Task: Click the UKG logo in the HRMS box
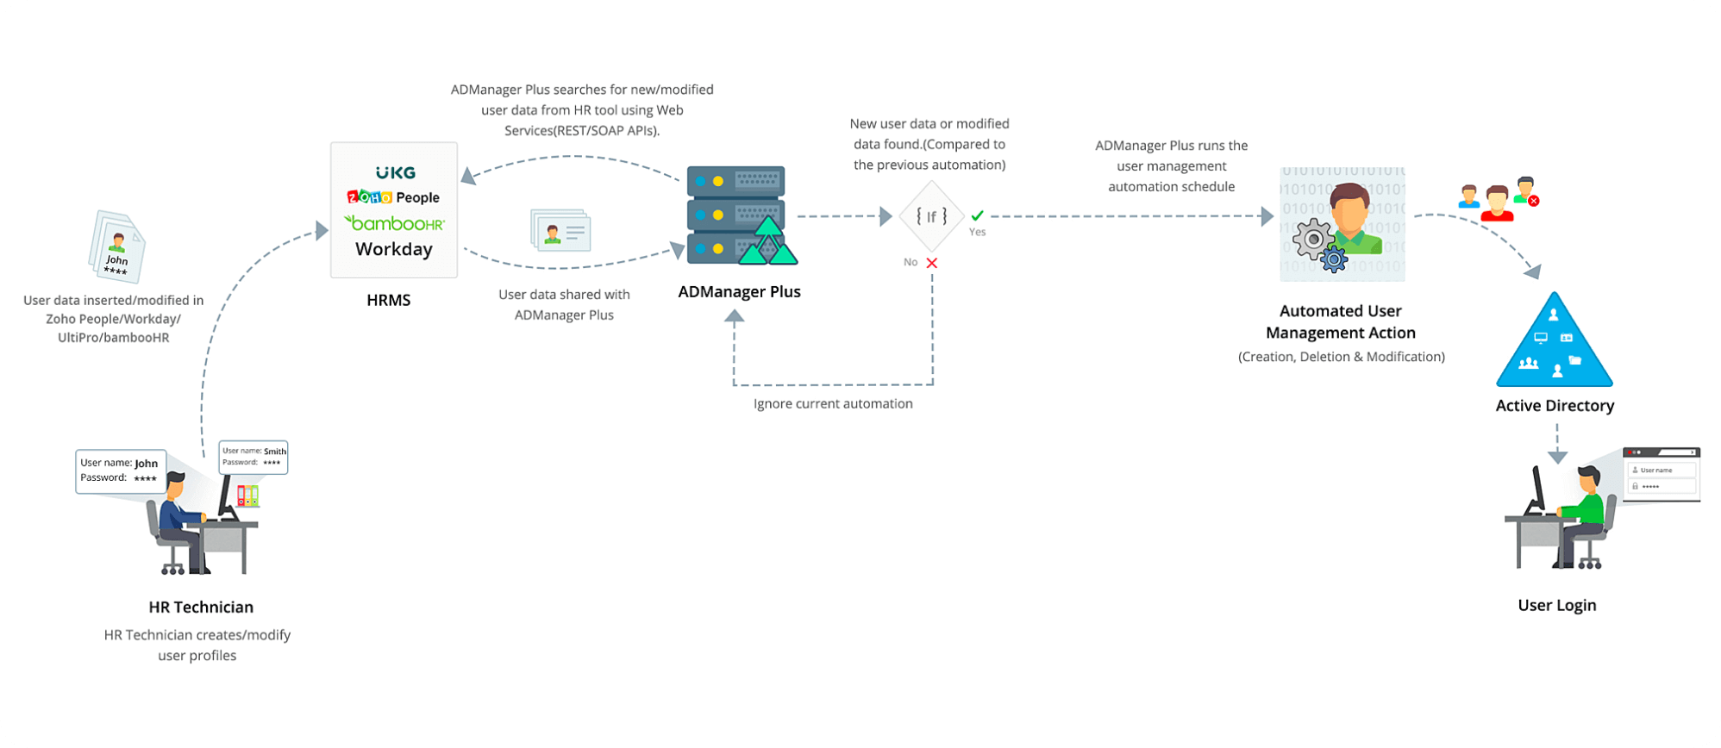coord(396,173)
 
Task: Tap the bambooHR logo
coord(394,223)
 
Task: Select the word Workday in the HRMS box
coord(394,249)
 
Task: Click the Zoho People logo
coord(393,197)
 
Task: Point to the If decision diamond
coord(931,216)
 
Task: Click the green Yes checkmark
coord(977,215)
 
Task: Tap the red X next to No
coord(932,263)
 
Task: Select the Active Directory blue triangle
coord(1554,343)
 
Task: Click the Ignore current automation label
coord(833,403)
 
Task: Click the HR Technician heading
coord(201,607)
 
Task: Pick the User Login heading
coord(1556,605)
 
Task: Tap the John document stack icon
coord(116,247)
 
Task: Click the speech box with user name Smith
coord(253,457)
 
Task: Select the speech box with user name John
coord(120,471)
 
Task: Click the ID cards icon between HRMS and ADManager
coord(560,230)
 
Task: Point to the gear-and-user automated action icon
coord(1342,225)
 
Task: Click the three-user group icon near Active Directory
coord(1499,200)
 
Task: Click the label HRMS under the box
coord(388,300)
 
